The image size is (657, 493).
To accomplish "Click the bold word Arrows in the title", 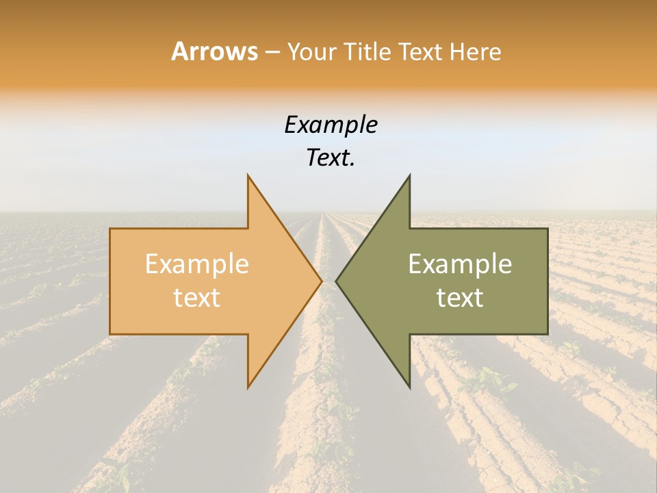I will coord(214,51).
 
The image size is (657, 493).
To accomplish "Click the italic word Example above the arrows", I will coord(331,125).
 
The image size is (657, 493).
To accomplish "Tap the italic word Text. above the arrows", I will coord(331,158).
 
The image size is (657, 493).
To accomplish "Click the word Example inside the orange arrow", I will coord(197,264).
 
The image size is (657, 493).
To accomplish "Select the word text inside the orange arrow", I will coord(197,298).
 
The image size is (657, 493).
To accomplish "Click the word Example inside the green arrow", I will coord(460,264).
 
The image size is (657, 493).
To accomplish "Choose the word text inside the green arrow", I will coord(460,298).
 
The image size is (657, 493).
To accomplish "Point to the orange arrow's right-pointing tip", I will coord(322,281).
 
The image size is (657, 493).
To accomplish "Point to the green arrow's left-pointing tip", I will coord(336,281).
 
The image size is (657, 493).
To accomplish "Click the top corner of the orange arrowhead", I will coord(248,175).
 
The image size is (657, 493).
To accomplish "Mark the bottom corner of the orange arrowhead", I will coord(248,387).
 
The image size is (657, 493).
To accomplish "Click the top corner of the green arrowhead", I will coord(409,175).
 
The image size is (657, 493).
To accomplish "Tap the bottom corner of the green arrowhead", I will coord(409,387).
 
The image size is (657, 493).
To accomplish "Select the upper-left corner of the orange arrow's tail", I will coord(110,229).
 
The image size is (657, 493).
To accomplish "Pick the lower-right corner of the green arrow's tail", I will coord(547,334).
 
